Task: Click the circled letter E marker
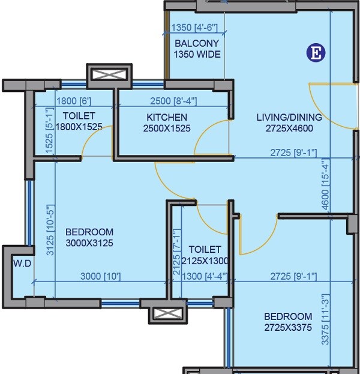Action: point(316,53)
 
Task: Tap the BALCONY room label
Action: point(197,44)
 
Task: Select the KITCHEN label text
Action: point(167,117)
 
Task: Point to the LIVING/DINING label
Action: point(289,117)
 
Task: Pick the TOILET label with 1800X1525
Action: point(79,116)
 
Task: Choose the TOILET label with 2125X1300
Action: point(205,249)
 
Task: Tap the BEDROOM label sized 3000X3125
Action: point(89,232)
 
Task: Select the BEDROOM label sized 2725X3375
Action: point(288,316)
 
